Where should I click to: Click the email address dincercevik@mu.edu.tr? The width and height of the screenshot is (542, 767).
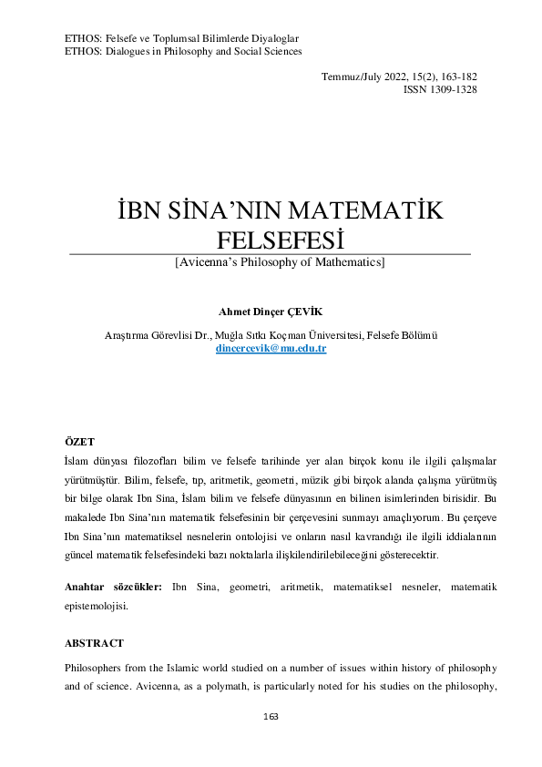271,349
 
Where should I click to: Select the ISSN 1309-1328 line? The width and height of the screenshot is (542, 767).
440,89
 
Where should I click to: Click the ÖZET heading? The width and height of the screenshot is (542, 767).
79,441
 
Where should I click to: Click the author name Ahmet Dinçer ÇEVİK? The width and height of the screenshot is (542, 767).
271,311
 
